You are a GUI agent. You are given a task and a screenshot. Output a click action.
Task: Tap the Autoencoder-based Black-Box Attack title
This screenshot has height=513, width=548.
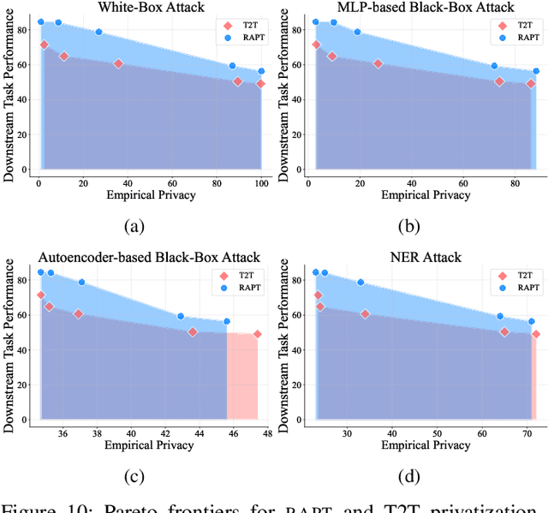[151, 257]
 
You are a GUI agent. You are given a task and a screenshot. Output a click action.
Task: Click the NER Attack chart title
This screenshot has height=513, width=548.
[424, 257]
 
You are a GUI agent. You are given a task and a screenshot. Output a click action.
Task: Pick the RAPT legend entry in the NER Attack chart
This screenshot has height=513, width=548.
[514, 288]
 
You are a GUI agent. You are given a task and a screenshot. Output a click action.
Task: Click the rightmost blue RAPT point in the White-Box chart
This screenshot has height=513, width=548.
[261, 71]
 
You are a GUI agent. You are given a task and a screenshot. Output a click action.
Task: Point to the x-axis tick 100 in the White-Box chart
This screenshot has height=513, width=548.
[261, 182]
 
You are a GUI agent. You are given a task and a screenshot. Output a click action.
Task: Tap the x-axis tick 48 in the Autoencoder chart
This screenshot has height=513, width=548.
[267, 432]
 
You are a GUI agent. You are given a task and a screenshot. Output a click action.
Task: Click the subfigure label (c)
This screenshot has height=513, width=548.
[134, 476]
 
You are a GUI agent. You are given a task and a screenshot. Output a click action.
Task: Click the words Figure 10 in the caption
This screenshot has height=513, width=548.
[53, 505]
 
